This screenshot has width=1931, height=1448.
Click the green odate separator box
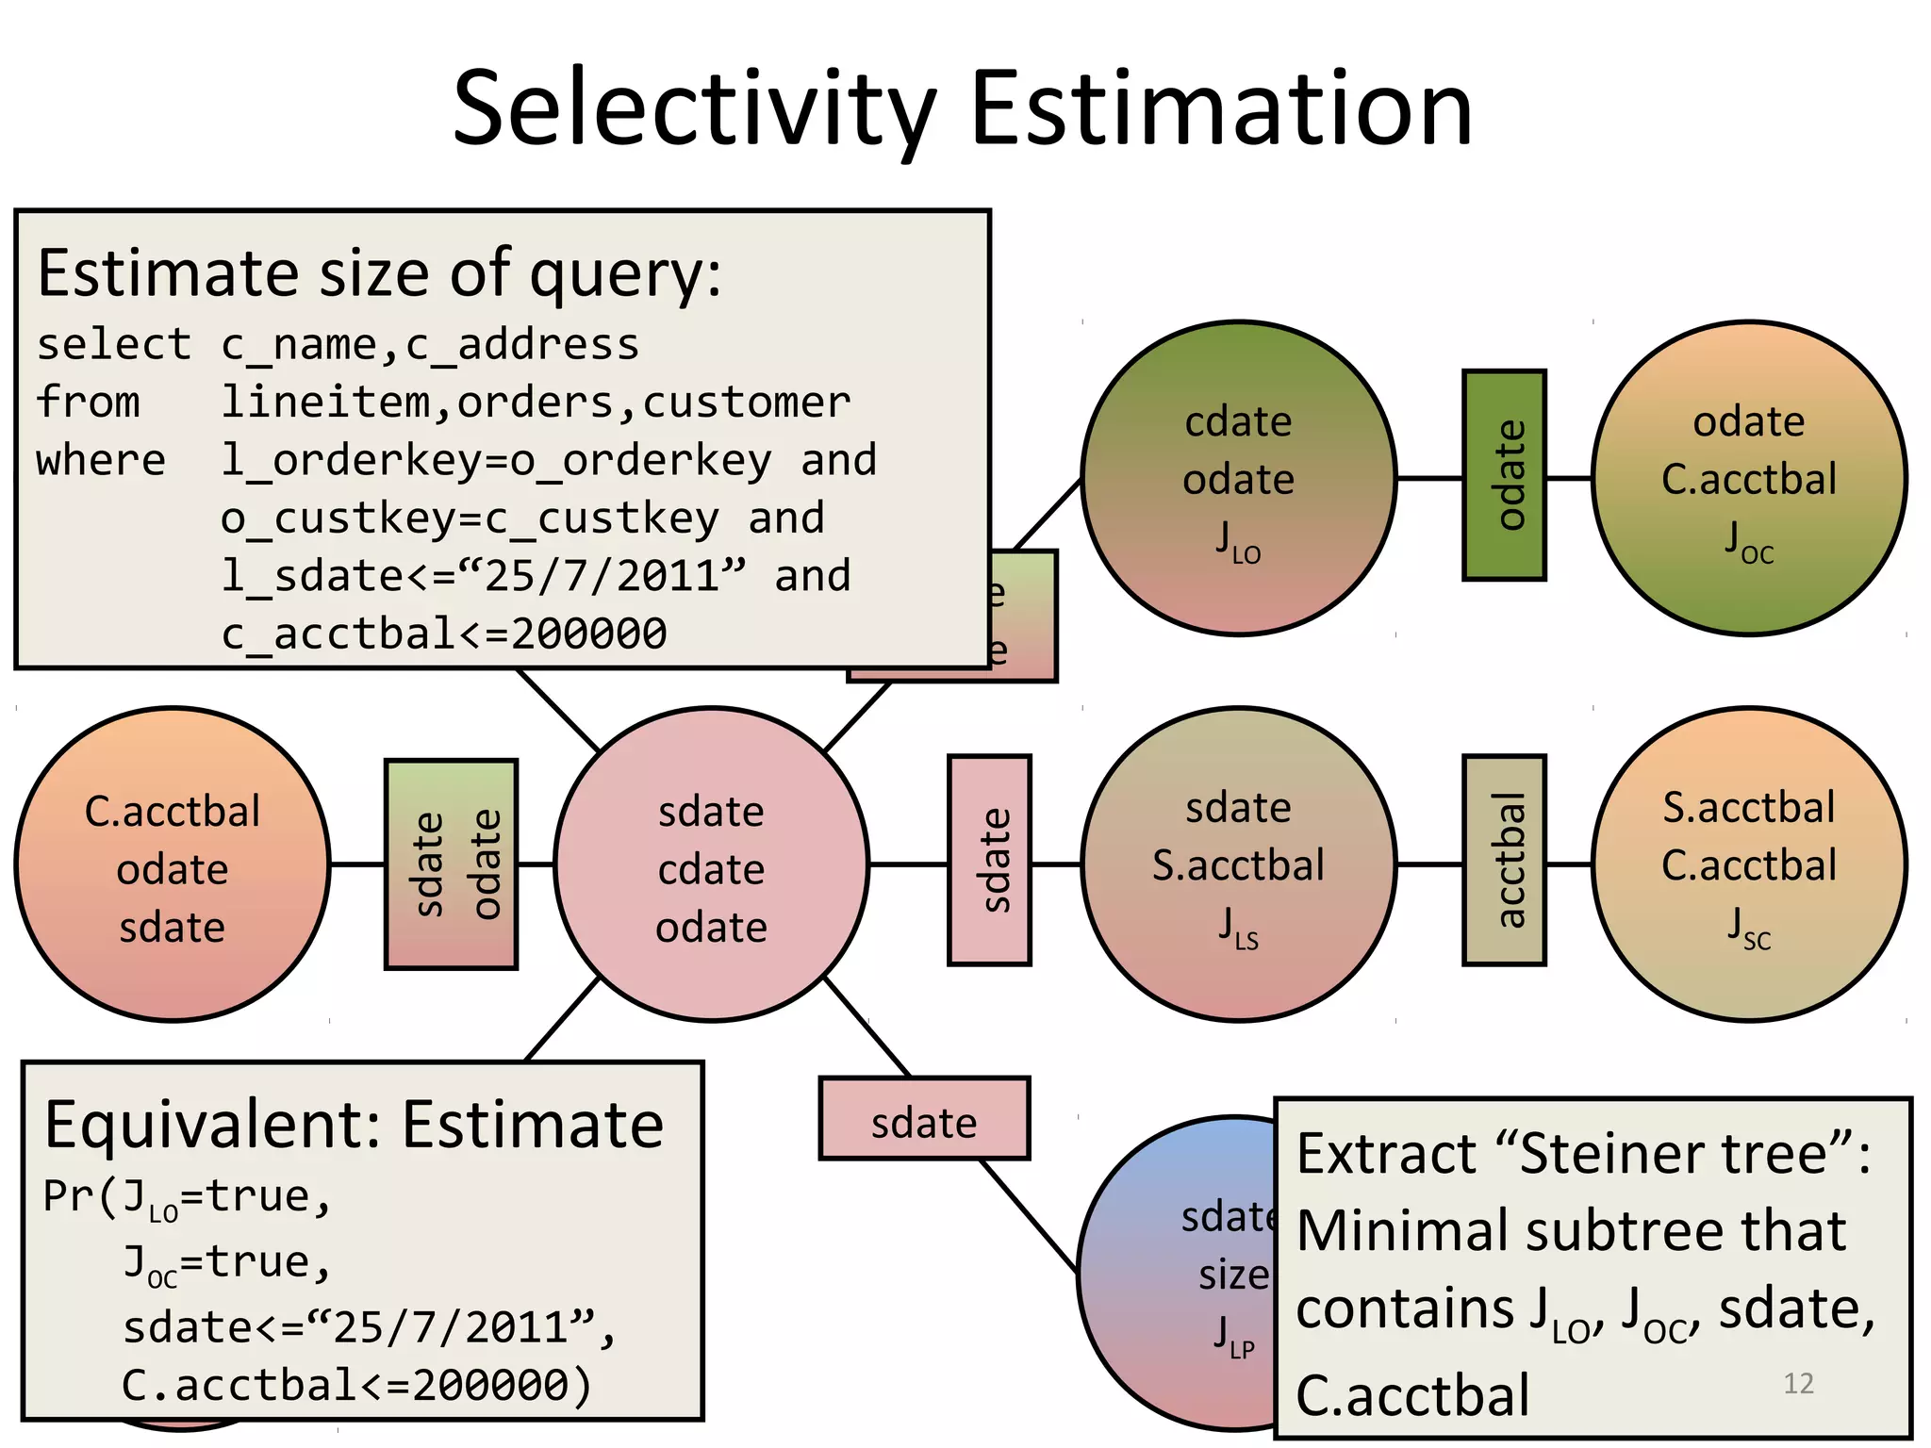1504,475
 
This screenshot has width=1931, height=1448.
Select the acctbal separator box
1504,860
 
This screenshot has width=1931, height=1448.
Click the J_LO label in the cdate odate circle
1238,542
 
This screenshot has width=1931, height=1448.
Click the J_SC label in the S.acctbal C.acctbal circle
1749,928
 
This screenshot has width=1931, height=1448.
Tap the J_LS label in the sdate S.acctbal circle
1238,928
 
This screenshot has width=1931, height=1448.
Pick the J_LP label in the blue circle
1233,1337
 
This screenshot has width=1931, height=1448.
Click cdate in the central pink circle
711,869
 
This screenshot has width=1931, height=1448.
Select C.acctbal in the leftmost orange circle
173,812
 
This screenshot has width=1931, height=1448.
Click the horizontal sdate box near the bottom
923,1119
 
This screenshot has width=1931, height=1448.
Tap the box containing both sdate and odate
452,864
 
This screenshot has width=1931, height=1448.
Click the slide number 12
1798,1383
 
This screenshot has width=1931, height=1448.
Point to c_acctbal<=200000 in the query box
443,633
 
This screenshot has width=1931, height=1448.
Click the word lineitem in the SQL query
324,403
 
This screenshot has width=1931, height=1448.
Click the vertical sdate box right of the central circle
989,860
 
